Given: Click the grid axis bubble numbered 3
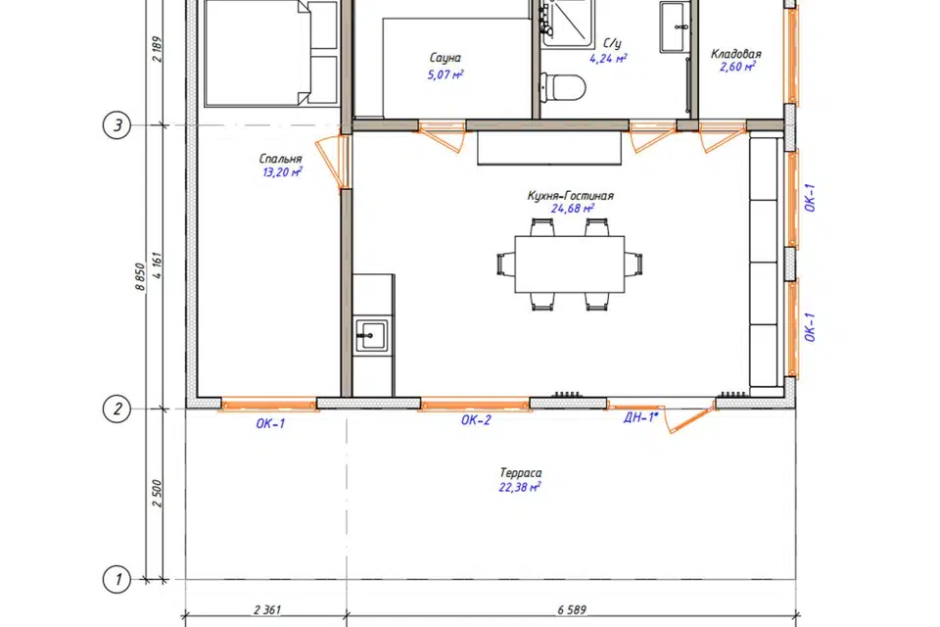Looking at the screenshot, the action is click(x=117, y=125).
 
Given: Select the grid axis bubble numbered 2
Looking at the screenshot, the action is click(x=117, y=410).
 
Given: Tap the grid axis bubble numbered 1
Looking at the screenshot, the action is click(x=117, y=580).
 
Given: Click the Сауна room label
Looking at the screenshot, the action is click(x=446, y=58).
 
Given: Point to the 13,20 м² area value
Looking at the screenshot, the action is click(x=282, y=172).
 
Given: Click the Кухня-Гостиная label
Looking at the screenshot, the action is click(x=570, y=196).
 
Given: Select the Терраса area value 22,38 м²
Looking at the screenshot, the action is click(x=520, y=487).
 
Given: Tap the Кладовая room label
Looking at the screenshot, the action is click(x=735, y=54).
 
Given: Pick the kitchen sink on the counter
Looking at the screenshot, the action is click(x=371, y=335).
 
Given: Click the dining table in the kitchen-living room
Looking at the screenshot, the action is click(x=570, y=264).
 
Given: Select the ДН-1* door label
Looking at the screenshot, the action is click(x=640, y=417).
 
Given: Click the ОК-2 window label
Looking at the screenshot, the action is click(x=476, y=420).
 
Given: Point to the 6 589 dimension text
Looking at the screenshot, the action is click(x=571, y=610).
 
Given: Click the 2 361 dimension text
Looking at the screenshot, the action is click(x=267, y=610).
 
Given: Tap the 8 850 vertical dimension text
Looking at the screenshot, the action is click(x=140, y=276).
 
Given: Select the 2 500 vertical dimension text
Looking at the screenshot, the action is click(x=157, y=493).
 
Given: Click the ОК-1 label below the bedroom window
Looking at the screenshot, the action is click(x=270, y=423).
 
